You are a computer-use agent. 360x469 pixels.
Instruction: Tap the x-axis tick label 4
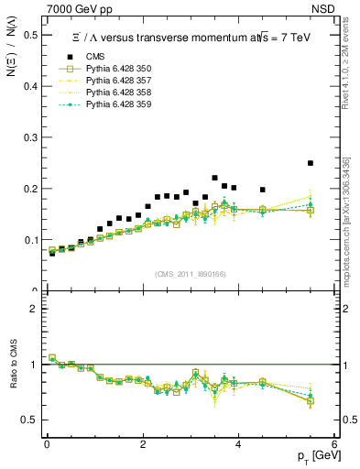(238, 444)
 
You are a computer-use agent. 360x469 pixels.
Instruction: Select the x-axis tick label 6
(334, 444)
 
